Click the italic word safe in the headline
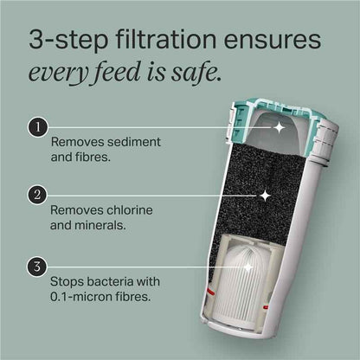[x=200, y=74]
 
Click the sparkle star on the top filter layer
[x=279, y=127]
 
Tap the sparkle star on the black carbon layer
[x=266, y=196]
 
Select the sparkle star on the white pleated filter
[x=249, y=268]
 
